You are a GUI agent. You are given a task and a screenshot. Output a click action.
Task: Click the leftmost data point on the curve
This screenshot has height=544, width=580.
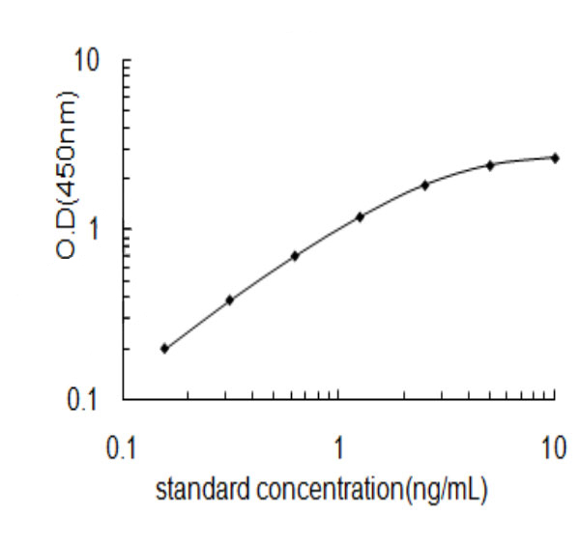(x=164, y=348)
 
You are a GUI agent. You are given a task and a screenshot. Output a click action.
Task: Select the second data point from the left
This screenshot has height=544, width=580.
(x=229, y=300)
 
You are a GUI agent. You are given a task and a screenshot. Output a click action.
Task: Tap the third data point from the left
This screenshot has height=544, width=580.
(x=295, y=255)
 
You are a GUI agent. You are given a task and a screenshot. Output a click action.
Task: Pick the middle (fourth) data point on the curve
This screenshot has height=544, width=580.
(x=360, y=216)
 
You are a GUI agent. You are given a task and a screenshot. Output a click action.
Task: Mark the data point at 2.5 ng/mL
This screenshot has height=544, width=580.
(x=424, y=184)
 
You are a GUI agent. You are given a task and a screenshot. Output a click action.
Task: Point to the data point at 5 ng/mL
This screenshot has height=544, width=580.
(x=490, y=165)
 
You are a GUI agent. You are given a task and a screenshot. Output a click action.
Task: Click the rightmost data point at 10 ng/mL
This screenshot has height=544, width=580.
(x=555, y=157)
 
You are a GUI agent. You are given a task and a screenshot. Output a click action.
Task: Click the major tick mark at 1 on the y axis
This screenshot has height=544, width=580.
(x=125, y=229)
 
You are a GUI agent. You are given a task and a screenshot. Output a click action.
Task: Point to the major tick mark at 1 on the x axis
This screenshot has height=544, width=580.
(x=338, y=395)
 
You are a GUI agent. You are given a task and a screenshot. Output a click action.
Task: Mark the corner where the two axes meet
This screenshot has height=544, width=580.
(x=122, y=398)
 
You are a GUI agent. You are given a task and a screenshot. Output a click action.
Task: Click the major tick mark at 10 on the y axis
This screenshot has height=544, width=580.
(x=125, y=60)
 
